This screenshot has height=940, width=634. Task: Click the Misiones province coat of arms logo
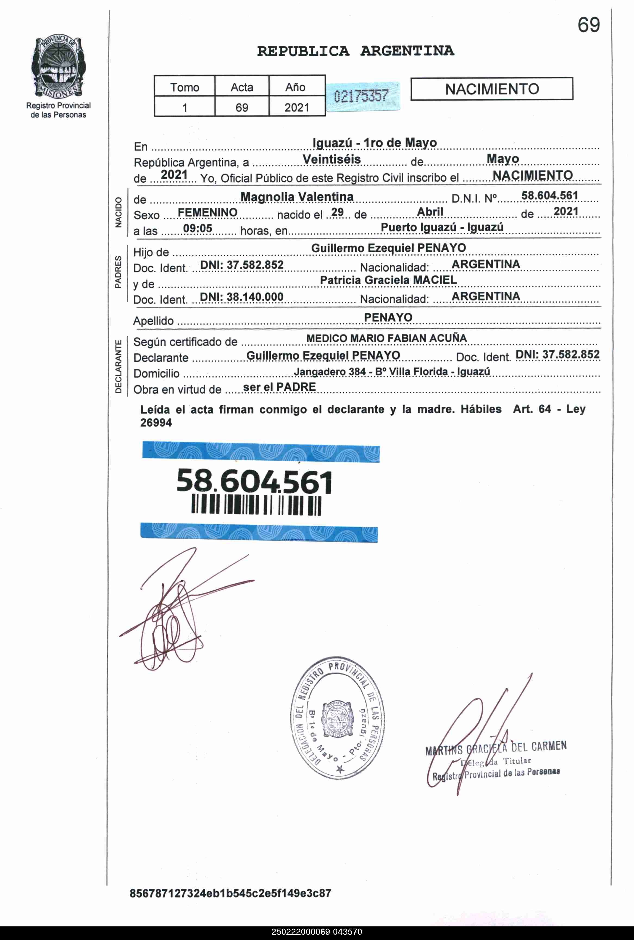point(58,67)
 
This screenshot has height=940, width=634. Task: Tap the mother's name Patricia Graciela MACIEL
point(388,280)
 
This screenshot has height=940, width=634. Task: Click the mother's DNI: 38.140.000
point(242,297)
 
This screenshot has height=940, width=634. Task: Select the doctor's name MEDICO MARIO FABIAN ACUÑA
point(386,338)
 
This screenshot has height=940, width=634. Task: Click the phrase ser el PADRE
point(279,387)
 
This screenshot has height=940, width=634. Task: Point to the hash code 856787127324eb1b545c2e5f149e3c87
point(230,893)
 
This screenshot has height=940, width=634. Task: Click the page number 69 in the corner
point(588,25)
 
